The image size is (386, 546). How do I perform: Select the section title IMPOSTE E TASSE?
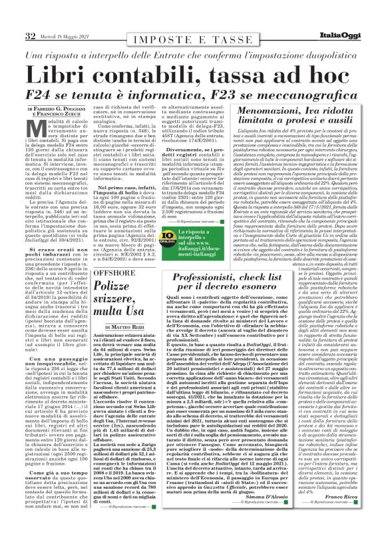193,41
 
